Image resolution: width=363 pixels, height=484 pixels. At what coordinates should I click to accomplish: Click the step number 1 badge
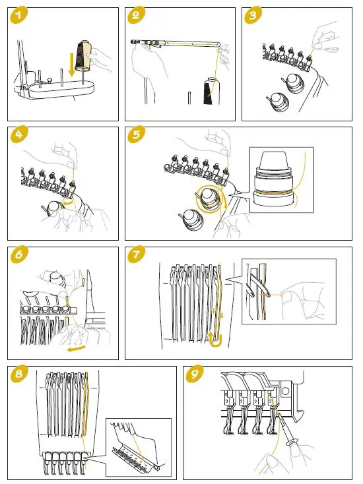18,15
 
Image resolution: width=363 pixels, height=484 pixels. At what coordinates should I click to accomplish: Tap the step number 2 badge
135,15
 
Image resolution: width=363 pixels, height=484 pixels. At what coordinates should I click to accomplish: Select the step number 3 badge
253,15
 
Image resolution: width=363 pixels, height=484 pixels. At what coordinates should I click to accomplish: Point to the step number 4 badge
18,135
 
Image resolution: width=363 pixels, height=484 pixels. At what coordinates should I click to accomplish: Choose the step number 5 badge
136,135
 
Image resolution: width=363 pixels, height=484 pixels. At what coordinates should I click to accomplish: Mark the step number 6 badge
18,255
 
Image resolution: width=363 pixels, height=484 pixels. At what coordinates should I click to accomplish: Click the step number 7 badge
136,255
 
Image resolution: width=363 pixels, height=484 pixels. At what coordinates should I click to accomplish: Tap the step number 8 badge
18,374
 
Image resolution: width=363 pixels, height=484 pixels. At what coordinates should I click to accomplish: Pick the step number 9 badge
194,374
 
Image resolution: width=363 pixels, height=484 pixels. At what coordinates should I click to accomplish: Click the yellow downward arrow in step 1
72,64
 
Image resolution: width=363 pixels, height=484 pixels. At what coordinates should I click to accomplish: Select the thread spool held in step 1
82,53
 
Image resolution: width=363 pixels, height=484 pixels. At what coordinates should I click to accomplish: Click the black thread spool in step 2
212,91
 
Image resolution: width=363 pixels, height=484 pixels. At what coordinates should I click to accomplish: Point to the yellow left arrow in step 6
77,348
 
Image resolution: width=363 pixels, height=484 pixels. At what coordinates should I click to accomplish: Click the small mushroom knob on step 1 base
49,80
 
